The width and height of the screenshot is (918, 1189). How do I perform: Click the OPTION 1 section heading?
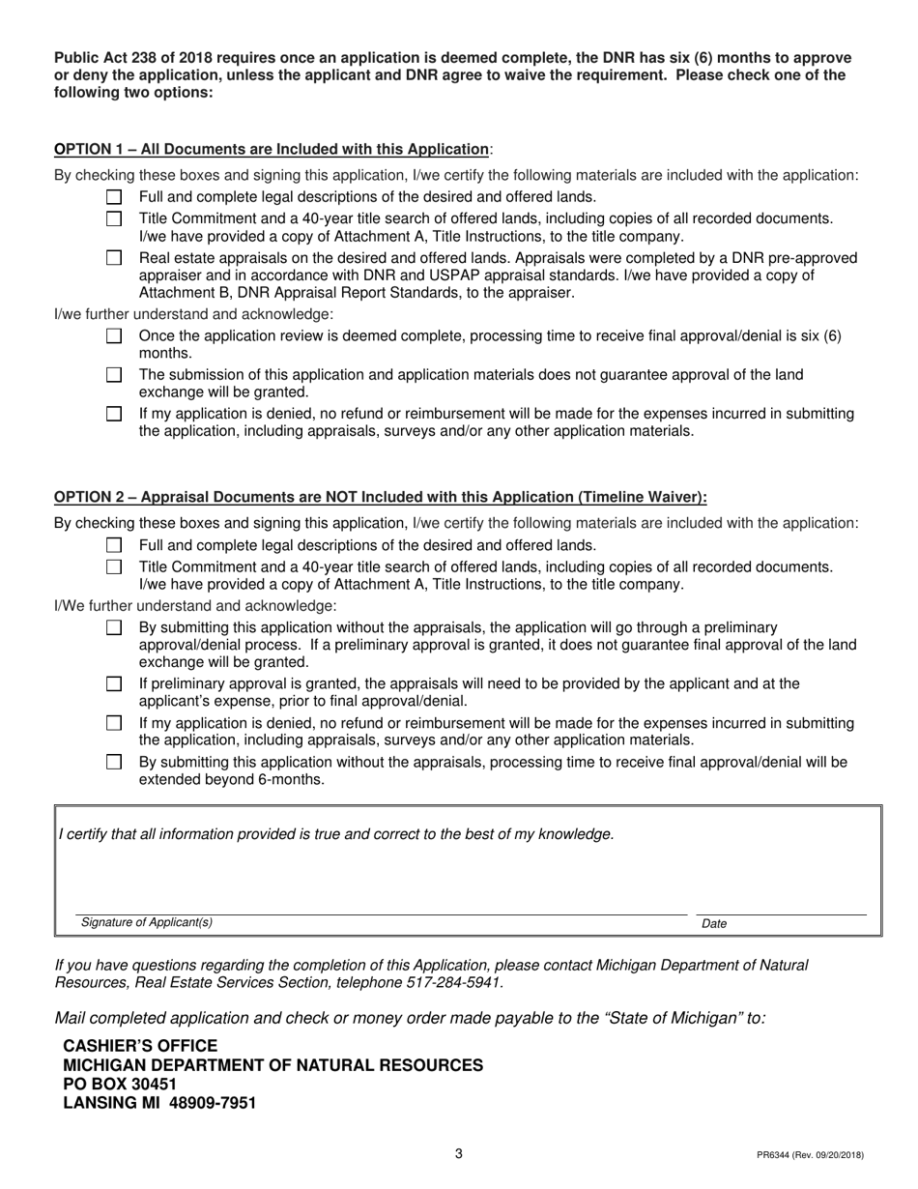click(272, 150)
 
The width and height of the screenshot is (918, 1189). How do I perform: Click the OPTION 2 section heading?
click(380, 498)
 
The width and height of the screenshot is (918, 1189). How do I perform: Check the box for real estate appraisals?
click(114, 258)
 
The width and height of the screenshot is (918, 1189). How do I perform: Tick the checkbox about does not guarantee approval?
click(114, 375)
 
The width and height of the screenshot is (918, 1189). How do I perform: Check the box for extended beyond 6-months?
click(114, 763)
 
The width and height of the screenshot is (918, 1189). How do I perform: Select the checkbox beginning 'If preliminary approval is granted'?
click(114, 684)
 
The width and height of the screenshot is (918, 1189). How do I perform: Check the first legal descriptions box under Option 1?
click(114, 197)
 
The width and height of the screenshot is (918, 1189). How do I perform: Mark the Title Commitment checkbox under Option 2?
click(114, 567)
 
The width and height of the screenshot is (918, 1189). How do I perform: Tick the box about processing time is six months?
click(114, 336)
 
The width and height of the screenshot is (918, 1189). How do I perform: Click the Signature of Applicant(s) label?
click(147, 923)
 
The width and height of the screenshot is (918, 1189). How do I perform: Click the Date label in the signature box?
click(714, 924)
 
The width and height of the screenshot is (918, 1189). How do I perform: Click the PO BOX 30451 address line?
click(120, 1085)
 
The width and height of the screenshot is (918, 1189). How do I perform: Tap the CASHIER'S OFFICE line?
click(140, 1046)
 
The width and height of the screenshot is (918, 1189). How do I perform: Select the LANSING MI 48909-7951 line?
click(159, 1103)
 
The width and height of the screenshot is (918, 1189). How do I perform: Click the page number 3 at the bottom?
click(459, 1153)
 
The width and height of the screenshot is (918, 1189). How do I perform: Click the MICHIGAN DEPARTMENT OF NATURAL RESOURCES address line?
click(273, 1065)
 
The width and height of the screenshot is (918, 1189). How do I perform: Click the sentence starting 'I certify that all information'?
click(335, 834)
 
